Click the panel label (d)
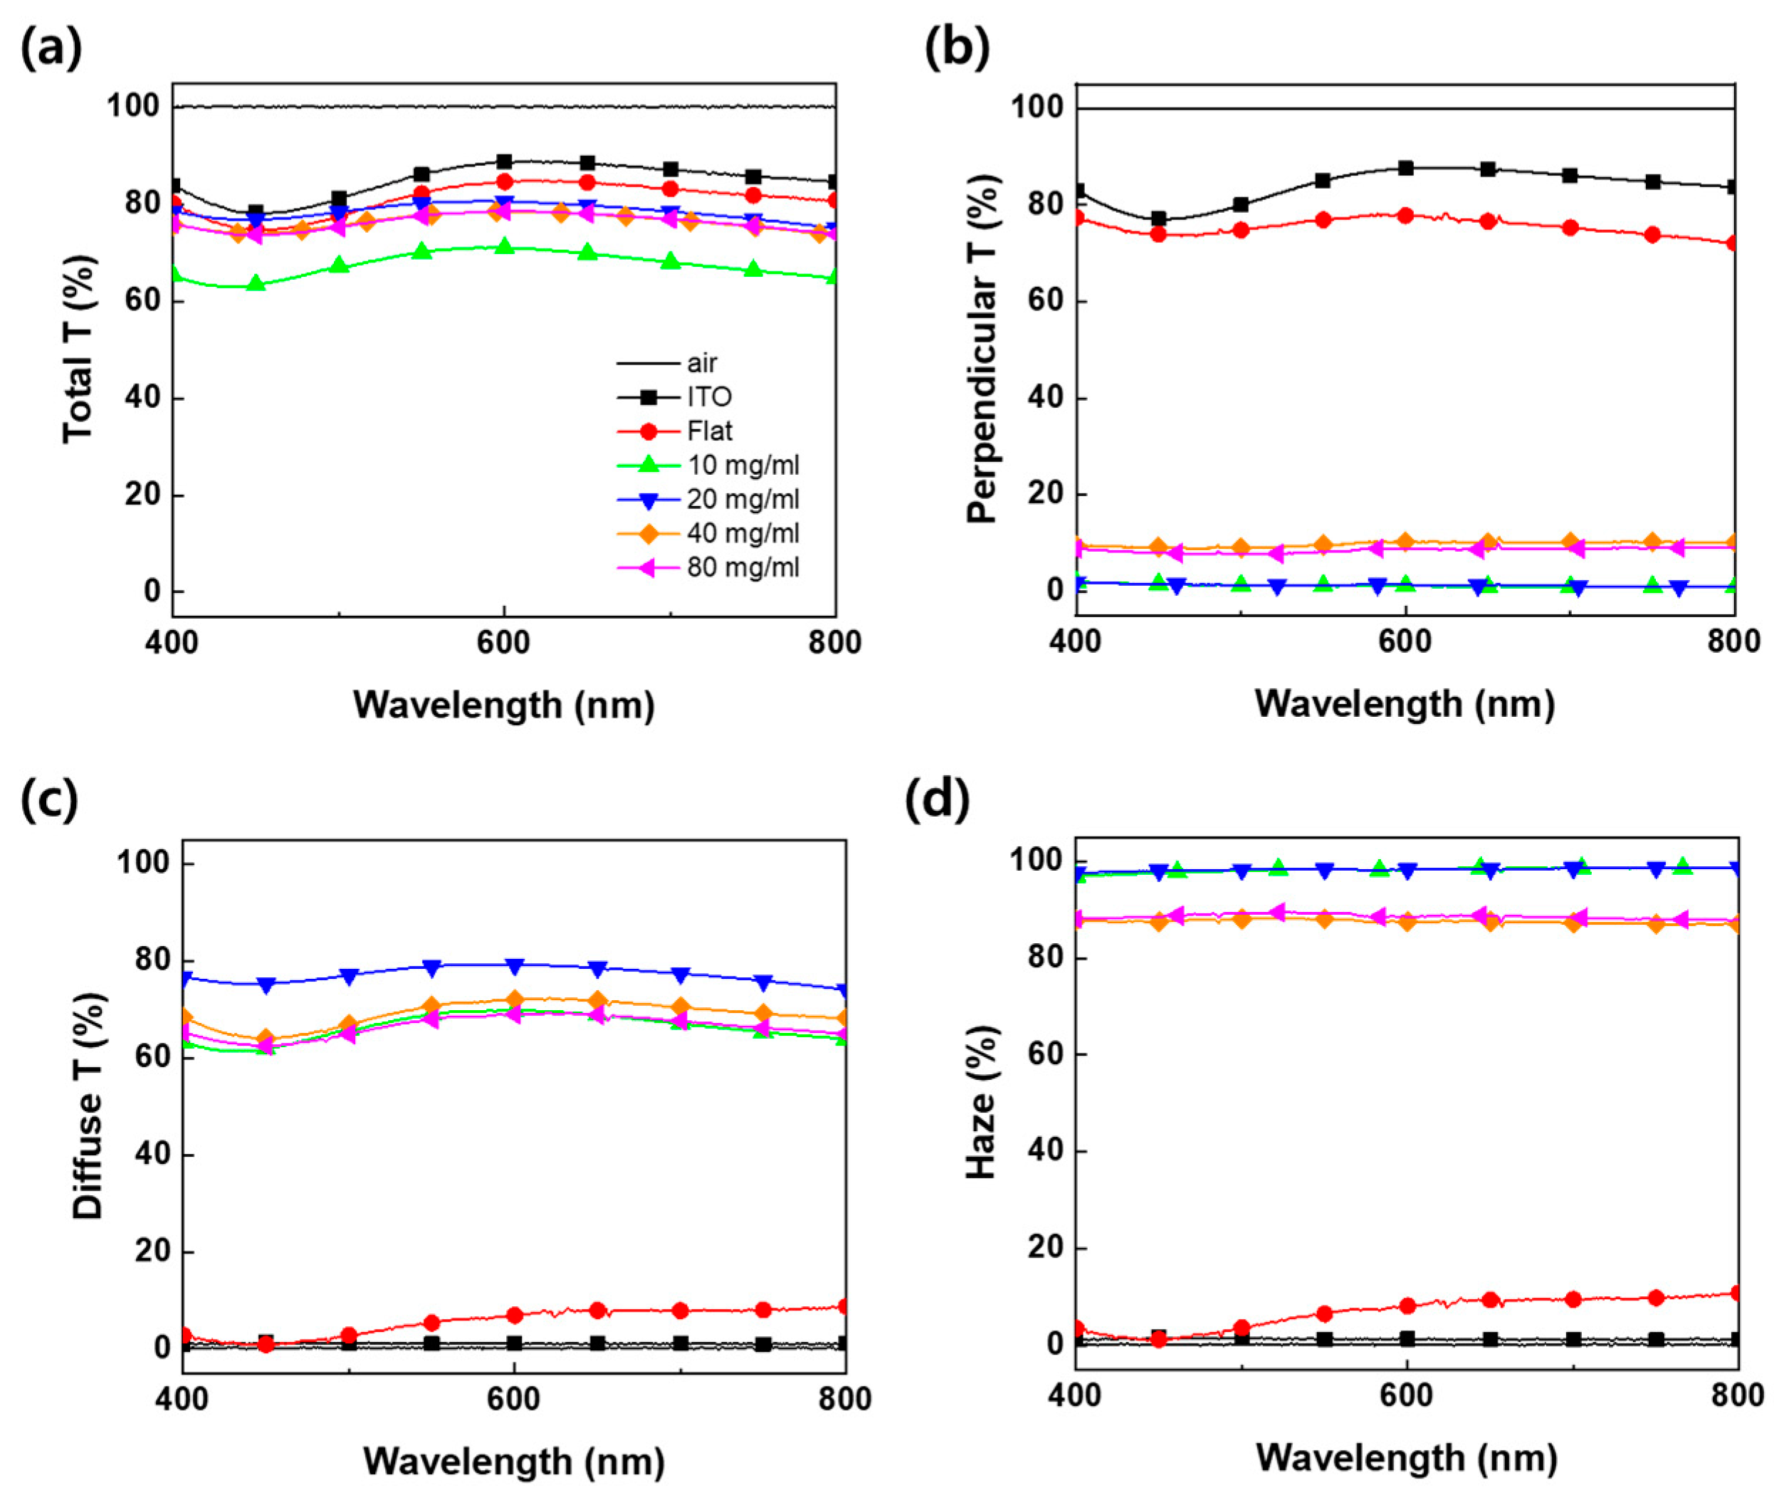coord(938,801)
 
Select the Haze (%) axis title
coord(982,1103)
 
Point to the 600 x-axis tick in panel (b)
coord(1405,641)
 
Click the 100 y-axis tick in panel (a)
coord(132,107)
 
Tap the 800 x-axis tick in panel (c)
coord(845,1399)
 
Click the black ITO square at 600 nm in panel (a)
coord(504,162)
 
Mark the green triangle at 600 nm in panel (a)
coord(504,246)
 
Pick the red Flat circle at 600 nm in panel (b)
coord(1405,215)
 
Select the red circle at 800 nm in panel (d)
coord(1734,1293)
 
